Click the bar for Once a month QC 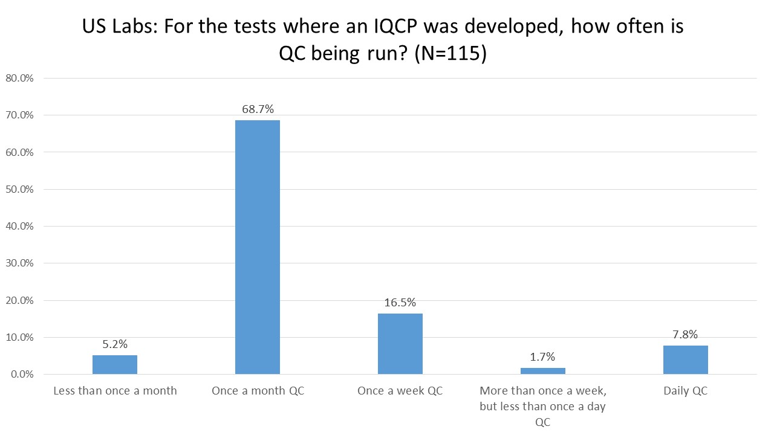tap(257, 247)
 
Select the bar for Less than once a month tap(114, 364)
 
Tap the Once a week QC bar tap(400, 344)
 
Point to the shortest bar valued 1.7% tap(542, 371)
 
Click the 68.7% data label tap(257, 109)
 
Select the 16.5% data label tap(400, 303)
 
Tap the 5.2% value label tap(114, 344)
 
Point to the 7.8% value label tap(685, 335)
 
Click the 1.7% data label tap(542, 357)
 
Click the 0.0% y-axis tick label tap(21, 375)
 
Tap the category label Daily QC tap(685, 391)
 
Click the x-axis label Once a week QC tap(400, 391)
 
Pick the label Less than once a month tap(115, 391)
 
